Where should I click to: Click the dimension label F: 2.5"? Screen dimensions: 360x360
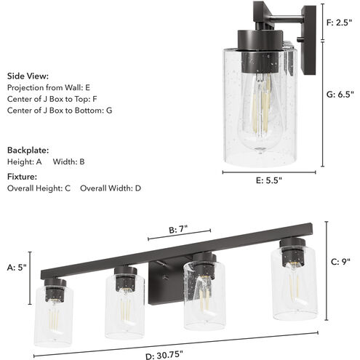click(342, 23)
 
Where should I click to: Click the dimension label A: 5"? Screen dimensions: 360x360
click(16, 267)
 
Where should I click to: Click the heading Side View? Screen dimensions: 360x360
click(28, 75)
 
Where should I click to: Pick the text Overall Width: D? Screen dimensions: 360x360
click(111, 188)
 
